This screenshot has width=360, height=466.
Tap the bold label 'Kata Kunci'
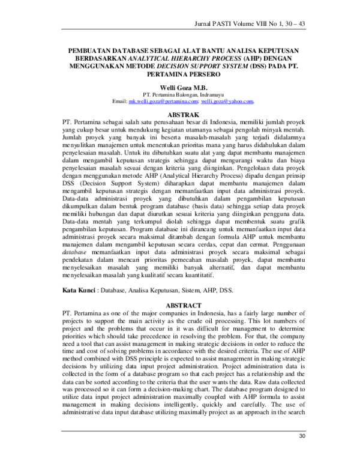79,290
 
